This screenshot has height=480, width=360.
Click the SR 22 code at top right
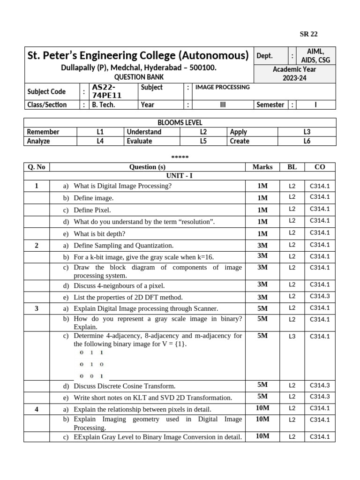pyautogui.click(x=308, y=34)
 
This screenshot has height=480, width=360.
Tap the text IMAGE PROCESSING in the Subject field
pyautogui.click(x=222, y=87)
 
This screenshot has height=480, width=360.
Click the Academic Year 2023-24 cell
pyautogui.click(x=294, y=74)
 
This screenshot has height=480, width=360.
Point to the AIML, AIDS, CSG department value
pyautogui.click(x=315, y=56)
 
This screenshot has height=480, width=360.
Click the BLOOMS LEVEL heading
pyautogui.click(x=180, y=123)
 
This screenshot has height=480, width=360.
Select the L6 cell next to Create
pyautogui.click(x=307, y=141)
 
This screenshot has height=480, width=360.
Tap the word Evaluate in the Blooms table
pyautogui.click(x=139, y=141)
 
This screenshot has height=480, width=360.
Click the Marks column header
pyautogui.click(x=262, y=167)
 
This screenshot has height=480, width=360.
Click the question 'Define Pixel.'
pyautogui.click(x=92, y=210)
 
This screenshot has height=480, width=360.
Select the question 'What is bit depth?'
pyautogui.click(x=99, y=233)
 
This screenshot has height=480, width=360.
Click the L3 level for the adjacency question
pyautogui.click(x=292, y=336)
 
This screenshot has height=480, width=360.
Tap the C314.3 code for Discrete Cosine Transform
pyautogui.click(x=320, y=385)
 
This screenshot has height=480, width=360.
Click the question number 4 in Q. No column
pyautogui.click(x=37, y=409)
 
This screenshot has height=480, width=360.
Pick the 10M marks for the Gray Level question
pyautogui.click(x=262, y=436)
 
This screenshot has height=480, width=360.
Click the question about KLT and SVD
pyautogui.click(x=152, y=397)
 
